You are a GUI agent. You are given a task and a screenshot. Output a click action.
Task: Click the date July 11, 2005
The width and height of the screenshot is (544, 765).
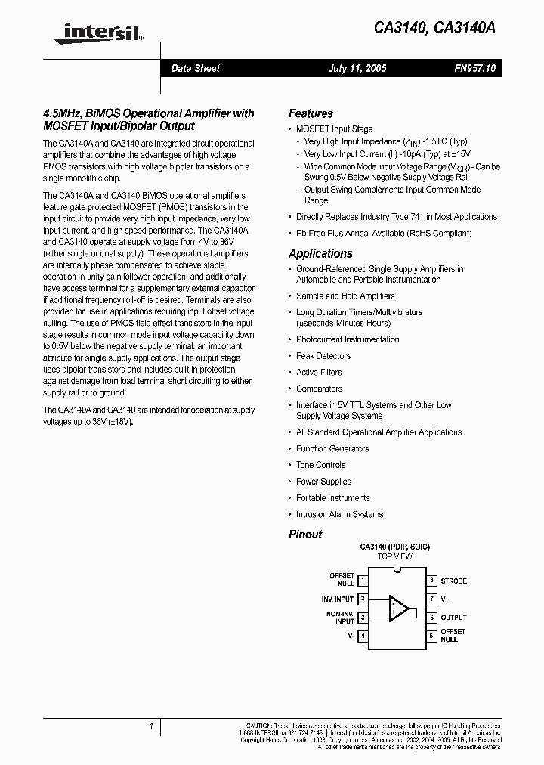coord(357,68)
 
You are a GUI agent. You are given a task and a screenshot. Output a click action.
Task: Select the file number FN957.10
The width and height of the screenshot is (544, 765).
coord(475,68)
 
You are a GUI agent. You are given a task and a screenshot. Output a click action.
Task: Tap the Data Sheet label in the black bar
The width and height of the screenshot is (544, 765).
coord(195,68)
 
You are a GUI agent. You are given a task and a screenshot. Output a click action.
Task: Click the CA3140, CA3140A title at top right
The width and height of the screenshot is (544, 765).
coord(435,28)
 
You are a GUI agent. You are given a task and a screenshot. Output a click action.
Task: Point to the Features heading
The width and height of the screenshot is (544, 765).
coord(311,113)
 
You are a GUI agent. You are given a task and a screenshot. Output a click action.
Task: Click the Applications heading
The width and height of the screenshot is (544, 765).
coord(320,254)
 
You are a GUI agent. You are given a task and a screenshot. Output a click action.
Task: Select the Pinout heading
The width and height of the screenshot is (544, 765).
coord(305,534)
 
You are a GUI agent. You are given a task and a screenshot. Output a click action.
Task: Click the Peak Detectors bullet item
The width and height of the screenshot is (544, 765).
coord(323,356)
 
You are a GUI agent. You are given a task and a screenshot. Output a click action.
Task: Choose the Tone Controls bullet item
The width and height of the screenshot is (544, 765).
coord(320,465)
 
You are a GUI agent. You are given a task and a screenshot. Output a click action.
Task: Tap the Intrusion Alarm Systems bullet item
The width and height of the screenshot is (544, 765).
coord(339,514)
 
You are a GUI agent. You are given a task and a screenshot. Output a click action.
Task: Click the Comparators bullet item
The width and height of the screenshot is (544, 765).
coord(319,389)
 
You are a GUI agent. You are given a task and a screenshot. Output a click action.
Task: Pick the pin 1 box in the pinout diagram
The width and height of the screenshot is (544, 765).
coord(363,581)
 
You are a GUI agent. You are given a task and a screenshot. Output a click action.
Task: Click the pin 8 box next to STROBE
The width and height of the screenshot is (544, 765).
coord(431,581)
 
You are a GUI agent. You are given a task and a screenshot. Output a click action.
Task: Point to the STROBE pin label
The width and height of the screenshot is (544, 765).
coord(453,581)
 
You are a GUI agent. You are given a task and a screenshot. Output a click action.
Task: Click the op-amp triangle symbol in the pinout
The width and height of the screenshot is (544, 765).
coord(398,608)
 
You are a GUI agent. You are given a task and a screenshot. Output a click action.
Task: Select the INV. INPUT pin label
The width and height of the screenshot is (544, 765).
coord(338,599)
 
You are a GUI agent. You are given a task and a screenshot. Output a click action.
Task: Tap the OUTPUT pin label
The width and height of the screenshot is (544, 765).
coord(454,618)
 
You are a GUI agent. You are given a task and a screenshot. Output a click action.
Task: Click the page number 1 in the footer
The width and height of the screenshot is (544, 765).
coord(152,727)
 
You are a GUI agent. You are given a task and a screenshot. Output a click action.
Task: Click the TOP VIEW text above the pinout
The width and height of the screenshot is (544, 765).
coord(395,556)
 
